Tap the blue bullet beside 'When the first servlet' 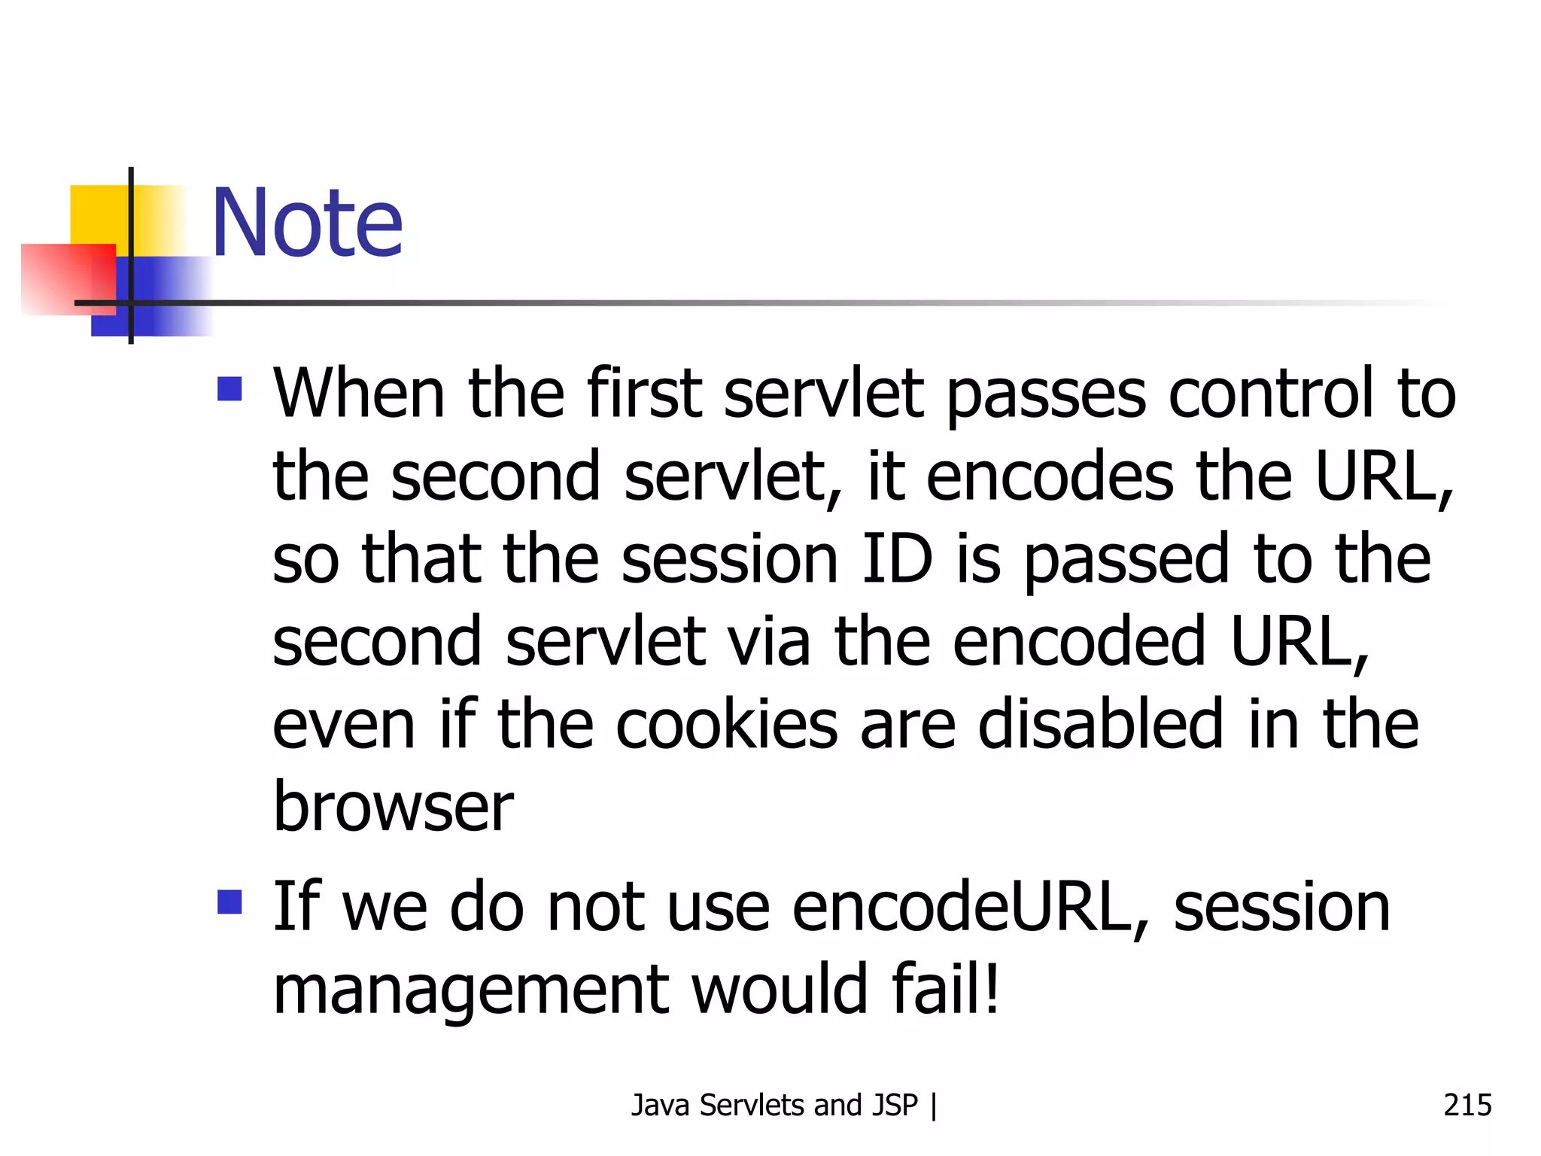point(229,389)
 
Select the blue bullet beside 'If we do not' point(229,902)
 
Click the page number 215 point(1467,1105)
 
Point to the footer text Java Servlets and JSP point(775,1105)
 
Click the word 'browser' point(393,807)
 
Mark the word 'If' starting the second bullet point(296,907)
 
